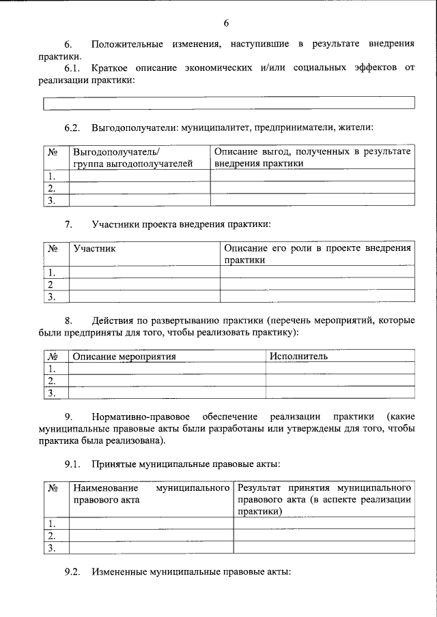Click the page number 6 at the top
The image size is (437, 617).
point(226,23)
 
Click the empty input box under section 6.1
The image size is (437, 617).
point(229,104)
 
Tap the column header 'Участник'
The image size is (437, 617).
point(94,249)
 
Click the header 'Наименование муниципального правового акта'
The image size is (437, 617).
point(150,494)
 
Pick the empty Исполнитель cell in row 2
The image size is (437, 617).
point(339,380)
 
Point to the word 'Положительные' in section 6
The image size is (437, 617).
point(127,44)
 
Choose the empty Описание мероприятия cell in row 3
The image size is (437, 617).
point(167,393)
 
